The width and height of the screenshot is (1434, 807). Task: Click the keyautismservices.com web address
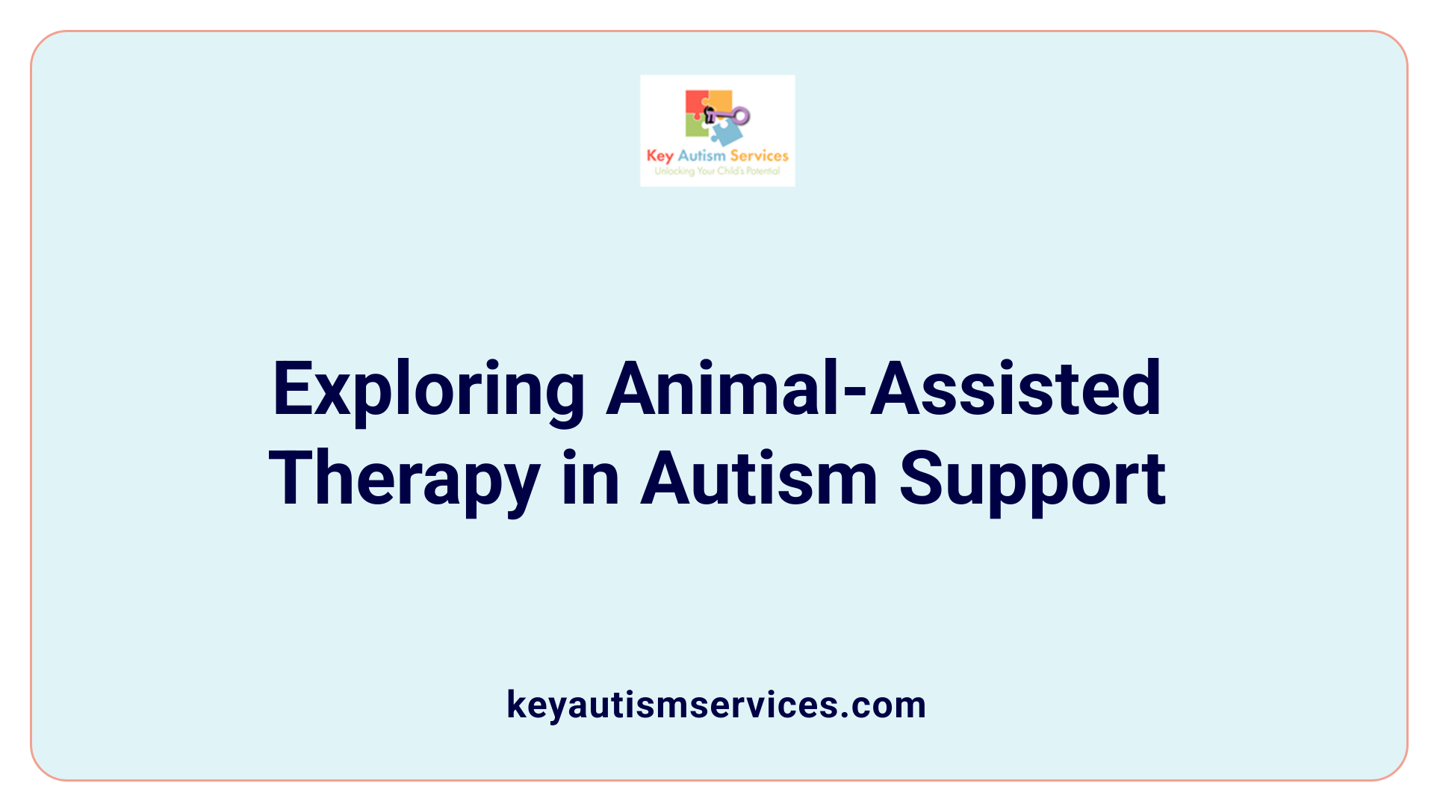(x=716, y=705)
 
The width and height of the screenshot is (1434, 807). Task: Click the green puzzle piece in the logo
(x=696, y=128)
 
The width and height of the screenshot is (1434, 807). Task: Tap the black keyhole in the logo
(x=710, y=115)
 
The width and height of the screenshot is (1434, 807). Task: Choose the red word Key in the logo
(x=659, y=156)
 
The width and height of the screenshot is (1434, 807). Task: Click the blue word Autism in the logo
(x=701, y=155)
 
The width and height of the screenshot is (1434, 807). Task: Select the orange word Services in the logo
(x=759, y=155)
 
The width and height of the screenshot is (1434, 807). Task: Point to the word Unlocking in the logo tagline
(x=674, y=171)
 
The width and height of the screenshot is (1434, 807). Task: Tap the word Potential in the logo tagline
(x=763, y=171)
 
